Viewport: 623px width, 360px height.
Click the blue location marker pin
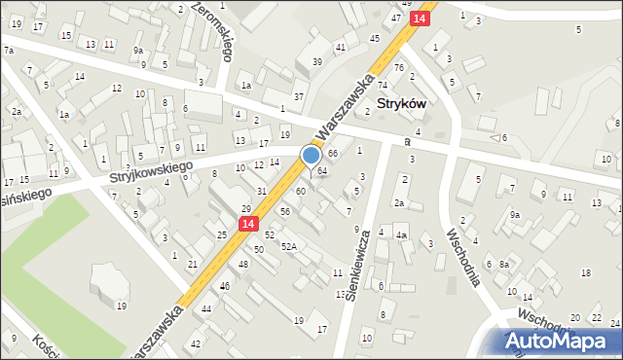click(x=311, y=156)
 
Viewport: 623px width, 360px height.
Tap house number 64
click(x=322, y=171)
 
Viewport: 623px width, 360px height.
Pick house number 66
click(x=333, y=154)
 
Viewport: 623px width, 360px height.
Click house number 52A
click(x=289, y=246)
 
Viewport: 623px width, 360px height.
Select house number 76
click(x=398, y=67)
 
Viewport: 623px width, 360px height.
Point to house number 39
click(x=316, y=61)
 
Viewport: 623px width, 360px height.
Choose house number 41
click(x=340, y=47)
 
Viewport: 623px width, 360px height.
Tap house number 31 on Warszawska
click(x=262, y=191)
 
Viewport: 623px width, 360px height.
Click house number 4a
click(x=400, y=235)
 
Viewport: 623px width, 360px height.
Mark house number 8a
click(x=503, y=265)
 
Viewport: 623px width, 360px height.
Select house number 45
click(x=375, y=38)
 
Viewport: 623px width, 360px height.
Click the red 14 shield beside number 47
click(x=419, y=18)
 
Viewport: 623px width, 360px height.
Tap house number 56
click(x=285, y=211)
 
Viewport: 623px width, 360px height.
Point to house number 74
click(x=383, y=86)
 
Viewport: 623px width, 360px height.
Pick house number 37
click(x=299, y=96)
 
